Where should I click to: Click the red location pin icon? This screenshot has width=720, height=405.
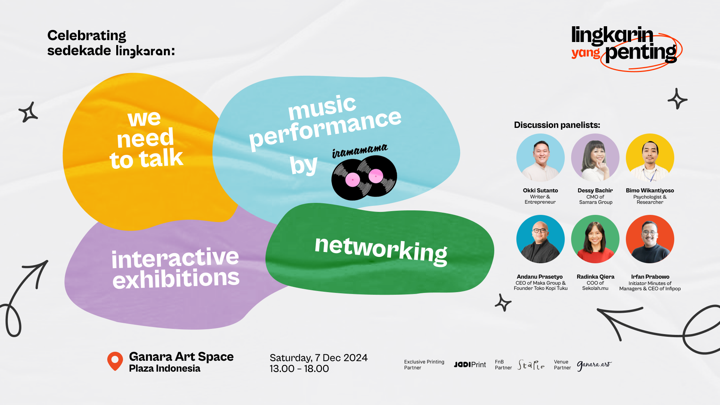coord(115,361)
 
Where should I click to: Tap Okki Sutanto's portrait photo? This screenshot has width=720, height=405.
coord(540,157)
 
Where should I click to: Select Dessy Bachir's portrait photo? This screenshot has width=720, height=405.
coord(595,157)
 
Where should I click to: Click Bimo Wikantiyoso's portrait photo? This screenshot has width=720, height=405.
coord(650,157)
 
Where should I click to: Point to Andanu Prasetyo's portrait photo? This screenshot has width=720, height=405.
coord(540,239)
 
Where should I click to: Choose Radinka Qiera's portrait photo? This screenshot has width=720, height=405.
coord(595,239)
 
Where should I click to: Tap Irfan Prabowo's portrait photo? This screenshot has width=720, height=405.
coord(650,239)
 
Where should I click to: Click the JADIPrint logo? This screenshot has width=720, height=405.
coord(470,364)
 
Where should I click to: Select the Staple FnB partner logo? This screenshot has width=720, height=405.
coord(531,364)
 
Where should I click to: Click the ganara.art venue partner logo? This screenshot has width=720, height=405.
coord(594,365)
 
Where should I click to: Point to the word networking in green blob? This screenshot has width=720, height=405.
coord(381,250)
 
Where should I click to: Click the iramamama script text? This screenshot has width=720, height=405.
coord(360,151)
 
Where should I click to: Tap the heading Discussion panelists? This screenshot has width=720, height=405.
coord(557,125)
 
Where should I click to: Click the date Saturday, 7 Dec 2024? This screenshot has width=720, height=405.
coord(319,358)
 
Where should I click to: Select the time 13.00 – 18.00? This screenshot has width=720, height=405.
coord(299,369)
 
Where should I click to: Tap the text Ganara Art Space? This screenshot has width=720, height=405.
coord(181,357)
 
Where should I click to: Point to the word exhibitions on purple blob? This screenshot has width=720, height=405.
coord(176,279)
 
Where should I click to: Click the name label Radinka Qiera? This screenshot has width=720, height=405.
coord(595,277)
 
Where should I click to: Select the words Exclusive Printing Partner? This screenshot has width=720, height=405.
coord(424,364)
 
